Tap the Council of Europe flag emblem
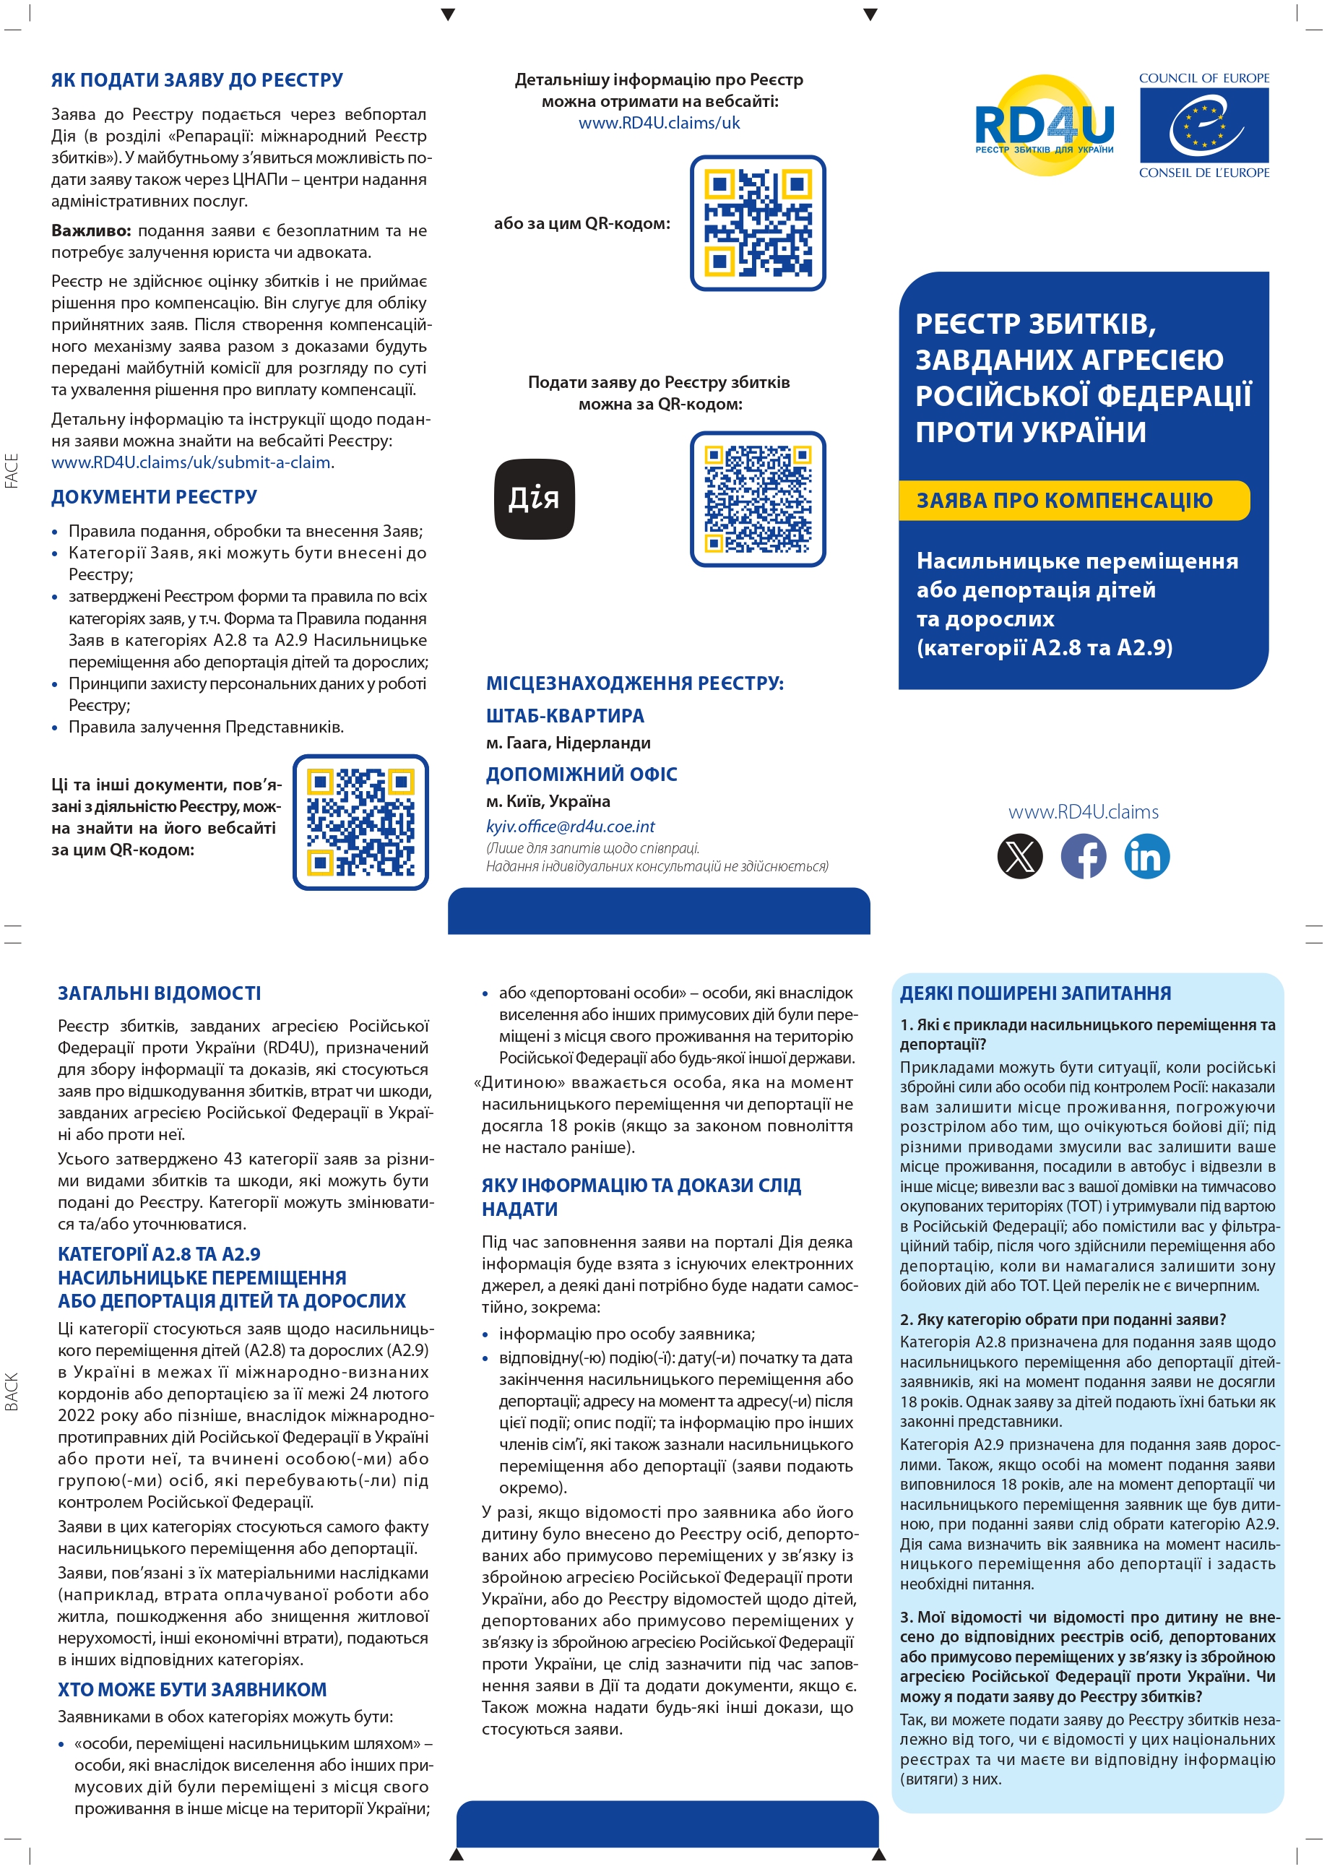tap(1203, 125)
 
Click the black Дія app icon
tap(535, 498)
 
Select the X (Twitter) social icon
tap(1020, 856)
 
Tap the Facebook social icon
tap(1084, 856)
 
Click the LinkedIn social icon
tap(1146, 856)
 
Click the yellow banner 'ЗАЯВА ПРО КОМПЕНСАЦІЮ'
tap(1073, 500)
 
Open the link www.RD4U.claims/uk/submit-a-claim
tap(191, 462)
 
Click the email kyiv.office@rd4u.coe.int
tap(571, 826)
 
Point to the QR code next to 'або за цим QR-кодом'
tap(758, 223)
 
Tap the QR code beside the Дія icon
tap(758, 498)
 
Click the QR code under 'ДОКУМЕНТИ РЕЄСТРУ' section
tap(360, 822)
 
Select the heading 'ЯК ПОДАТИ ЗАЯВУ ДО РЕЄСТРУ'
tap(197, 80)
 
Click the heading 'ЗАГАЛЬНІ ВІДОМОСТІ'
tap(160, 993)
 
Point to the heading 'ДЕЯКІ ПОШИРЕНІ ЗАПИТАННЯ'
tap(1035, 993)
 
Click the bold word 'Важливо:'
tap(92, 230)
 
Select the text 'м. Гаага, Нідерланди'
tap(569, 743)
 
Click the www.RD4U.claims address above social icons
tap(1083, 811)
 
